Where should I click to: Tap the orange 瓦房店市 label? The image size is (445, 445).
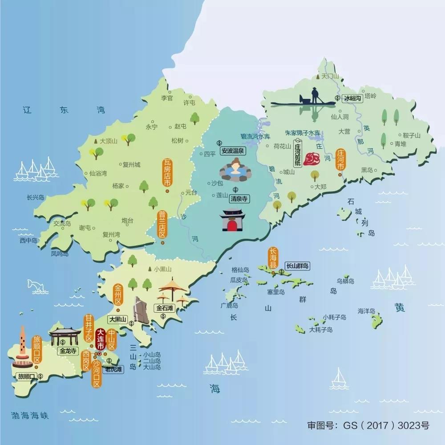pos(167,173)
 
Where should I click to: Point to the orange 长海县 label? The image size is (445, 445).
pos(272,258)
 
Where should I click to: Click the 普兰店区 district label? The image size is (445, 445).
pos(162,225)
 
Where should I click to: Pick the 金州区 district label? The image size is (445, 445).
pos(118,294)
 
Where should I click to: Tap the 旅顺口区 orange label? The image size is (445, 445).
pos(36,350)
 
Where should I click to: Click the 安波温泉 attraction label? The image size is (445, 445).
pos(233,151)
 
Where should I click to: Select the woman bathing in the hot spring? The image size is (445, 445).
pos(235,170)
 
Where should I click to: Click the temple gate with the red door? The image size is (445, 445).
pos(232,220)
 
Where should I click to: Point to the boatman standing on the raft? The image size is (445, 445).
pos(315,96)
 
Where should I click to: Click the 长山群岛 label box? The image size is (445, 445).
pos(298,266)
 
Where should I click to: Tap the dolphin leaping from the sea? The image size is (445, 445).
pos(37,286)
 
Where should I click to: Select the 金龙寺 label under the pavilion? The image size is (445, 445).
pos(68,351)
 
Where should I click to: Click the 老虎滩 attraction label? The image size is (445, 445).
pos(112,369)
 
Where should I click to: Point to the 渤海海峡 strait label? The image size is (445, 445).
pos(30,416)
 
